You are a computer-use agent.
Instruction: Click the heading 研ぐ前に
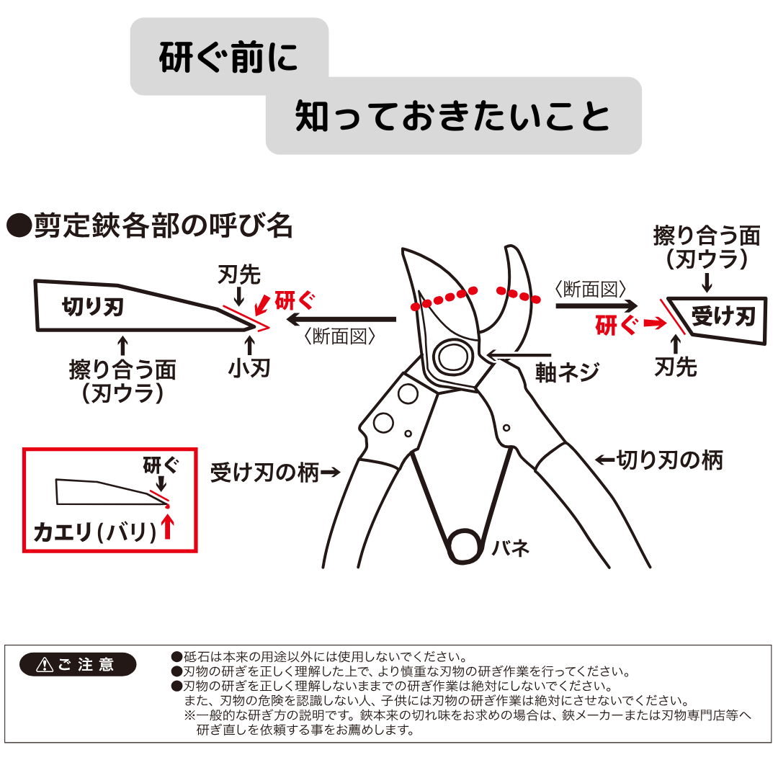pos(228,58)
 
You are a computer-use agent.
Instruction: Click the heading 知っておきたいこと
pos(452,116)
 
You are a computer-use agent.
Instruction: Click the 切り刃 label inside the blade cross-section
pos(93,307)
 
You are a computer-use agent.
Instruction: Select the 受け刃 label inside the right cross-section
pos(723,316)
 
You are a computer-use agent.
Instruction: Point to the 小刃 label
pos(249,368)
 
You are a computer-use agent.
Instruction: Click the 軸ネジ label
pos(568,372)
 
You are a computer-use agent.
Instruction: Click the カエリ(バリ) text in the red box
pos(95,532)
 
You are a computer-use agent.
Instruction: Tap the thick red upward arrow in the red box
pos(168,526)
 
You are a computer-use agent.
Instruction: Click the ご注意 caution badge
pos(78,664)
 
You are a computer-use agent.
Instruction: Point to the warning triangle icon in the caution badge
pos(45,664)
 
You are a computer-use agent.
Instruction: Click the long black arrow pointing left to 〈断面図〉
pos(341,320)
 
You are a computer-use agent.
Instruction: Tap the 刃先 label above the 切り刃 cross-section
pos(239,274)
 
